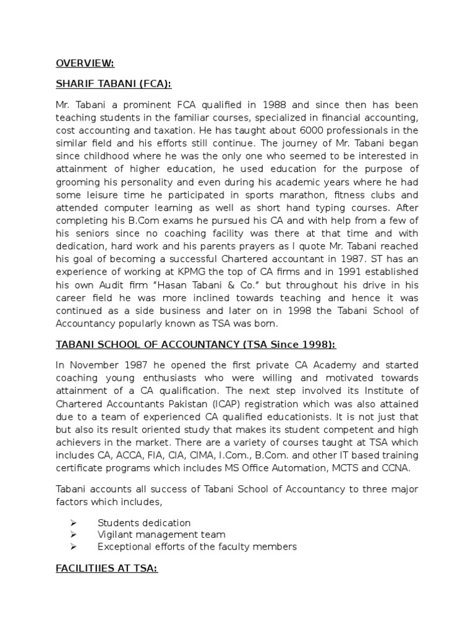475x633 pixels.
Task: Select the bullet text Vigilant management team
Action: tap(161, 534)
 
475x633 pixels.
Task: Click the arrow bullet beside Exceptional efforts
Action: tap(74, 546)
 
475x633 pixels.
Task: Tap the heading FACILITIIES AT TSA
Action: tap(106, 568)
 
